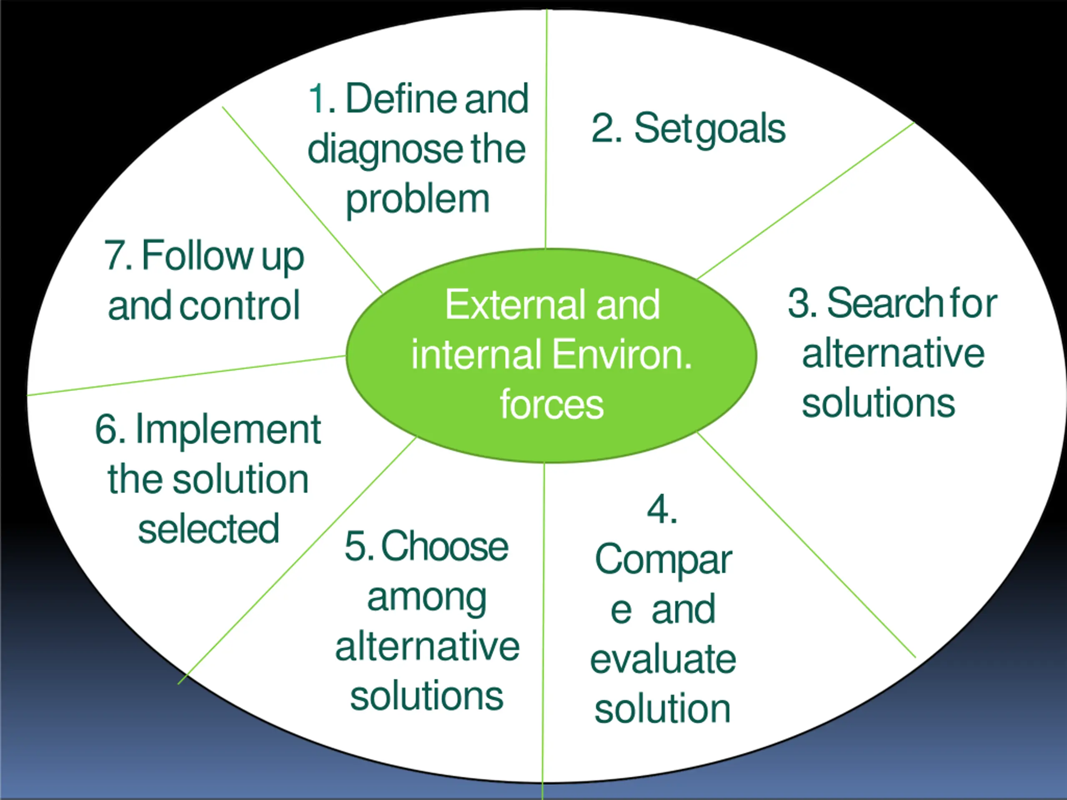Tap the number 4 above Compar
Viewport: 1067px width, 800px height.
(x=659, y=510)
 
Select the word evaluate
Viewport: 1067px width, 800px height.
(x=663, y=659)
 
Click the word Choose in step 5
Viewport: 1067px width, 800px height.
(x=444, y=546)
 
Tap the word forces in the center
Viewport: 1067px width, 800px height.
(x=551, y=404)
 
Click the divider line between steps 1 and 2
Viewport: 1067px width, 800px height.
(x=546, y=145)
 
